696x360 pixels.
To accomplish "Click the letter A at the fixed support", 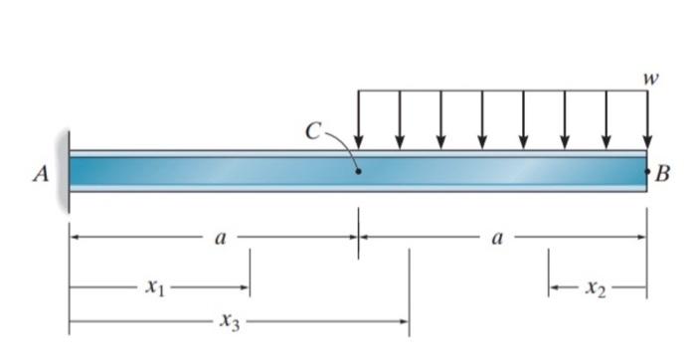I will tap(40, 173).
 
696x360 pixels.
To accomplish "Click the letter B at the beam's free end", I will tap(663, 173).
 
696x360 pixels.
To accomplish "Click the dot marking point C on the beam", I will tap(359, 171).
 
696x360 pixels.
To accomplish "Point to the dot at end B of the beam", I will tap(647, 171).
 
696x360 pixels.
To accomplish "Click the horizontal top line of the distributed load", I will tap(502, 91).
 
